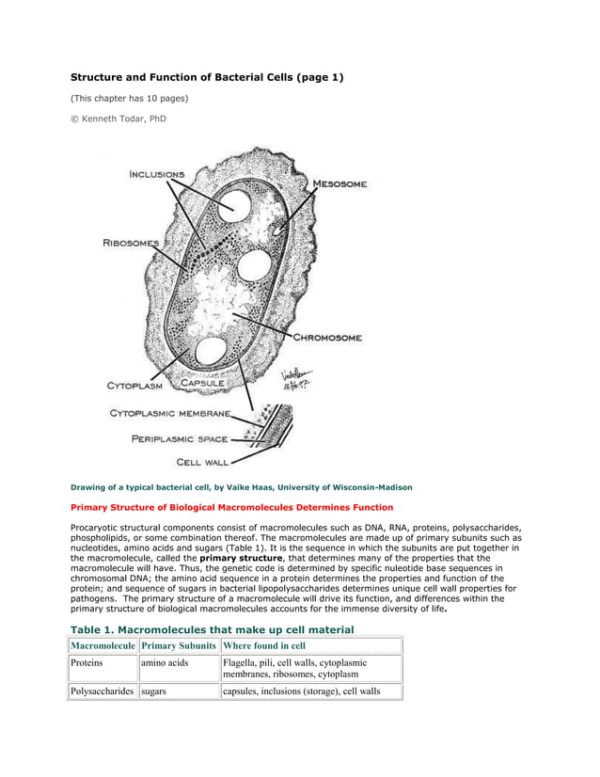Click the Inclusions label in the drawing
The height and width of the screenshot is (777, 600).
tap(157, 174)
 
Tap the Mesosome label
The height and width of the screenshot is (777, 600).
tap(339, 183)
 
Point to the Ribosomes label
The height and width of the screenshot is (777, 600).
tap(131, 243)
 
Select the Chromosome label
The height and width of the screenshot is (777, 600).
tap(326, 337)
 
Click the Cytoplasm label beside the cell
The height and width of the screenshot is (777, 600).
tap(134, 385)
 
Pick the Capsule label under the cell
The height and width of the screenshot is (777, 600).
tap(203, 383)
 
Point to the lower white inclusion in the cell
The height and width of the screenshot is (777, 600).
tap(208, 353)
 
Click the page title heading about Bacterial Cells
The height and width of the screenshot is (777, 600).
tap(208, 77)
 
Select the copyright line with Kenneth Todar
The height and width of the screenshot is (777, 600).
tap(118, 119)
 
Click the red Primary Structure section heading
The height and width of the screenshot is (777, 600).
tap(232, 507)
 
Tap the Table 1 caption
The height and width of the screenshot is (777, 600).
tap(213, 628)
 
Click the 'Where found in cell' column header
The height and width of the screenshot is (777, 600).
tap(264, 645)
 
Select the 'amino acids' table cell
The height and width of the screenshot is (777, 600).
tap(166, 663)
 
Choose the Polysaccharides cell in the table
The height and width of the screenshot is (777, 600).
tap(103, 691)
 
